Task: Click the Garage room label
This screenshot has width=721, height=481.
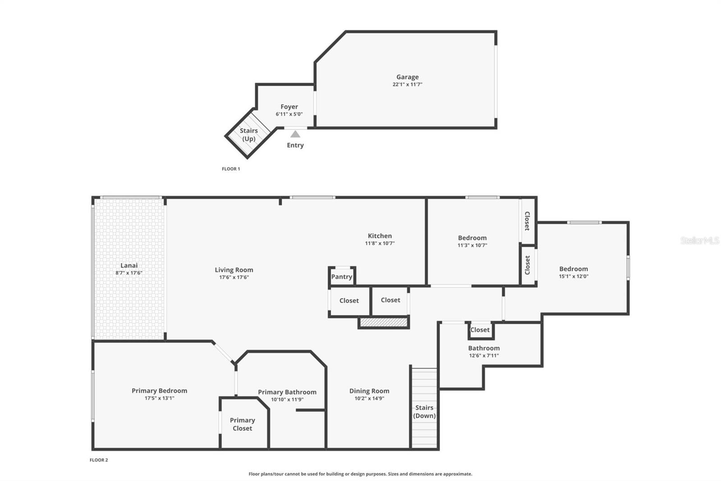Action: point(407,77)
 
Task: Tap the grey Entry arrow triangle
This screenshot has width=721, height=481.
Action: point(295,134)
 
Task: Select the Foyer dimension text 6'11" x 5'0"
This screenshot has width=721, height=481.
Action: point(289,114)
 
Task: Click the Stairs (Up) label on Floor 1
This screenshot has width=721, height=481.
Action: point(249,134)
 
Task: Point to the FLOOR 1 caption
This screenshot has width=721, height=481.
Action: point(231,169)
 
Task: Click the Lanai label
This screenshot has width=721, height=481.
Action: point(129,265)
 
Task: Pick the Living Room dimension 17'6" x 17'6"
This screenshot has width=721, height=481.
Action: point(234,277)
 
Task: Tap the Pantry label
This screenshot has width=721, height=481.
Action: point(342,277)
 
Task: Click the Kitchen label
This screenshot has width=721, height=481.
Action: point(379,236)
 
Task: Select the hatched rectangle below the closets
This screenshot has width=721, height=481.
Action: point(383,322)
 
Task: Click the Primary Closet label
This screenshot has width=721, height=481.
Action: point(242,424)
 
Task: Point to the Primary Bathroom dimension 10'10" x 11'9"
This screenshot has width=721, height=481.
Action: point(287,399)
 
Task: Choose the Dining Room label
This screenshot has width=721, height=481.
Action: point(369,391)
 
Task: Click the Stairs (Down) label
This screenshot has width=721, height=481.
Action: point(424,412)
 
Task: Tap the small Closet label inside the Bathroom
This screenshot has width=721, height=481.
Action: point(479,330)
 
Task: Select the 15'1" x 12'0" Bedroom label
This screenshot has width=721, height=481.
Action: point(573,269)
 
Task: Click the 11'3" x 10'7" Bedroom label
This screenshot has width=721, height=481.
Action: point(472,238)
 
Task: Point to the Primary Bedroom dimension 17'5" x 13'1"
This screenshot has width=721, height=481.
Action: point(159,398)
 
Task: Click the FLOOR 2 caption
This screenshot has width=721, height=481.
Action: point(99,460)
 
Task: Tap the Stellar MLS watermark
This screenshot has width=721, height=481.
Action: point(699,240)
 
